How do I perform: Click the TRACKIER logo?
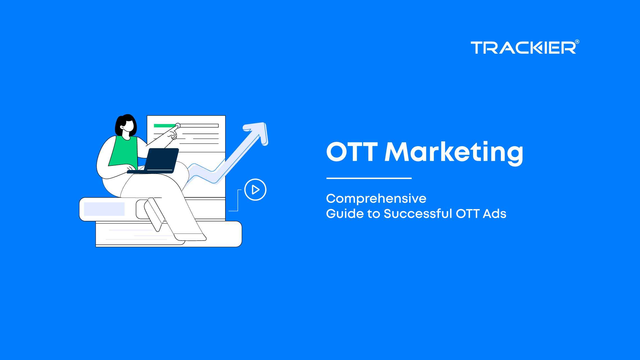524,47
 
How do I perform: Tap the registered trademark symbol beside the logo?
577,42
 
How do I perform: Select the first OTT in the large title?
352,151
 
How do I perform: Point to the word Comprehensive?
376,199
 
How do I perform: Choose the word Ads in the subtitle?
494,214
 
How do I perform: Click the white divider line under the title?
369,178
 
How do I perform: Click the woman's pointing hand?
172,132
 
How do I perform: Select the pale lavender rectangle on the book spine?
104,209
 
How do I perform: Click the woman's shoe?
190,237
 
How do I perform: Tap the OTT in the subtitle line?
468,214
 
